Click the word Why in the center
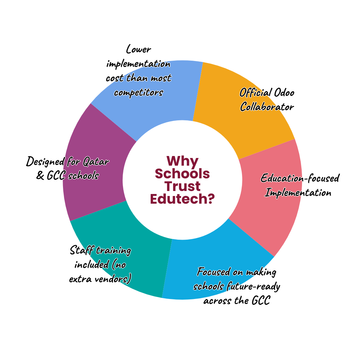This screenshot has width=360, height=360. (x=182, y=161)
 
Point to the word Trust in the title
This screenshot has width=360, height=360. (x=182, y=186)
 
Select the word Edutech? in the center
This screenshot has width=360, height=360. (x=182, y=199)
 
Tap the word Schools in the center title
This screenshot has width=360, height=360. (x=182, y=174)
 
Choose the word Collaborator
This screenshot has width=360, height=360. (x=267, y=107)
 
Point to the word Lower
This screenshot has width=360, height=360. (x=138, y=50)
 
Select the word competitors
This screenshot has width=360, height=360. (x=138, y=92)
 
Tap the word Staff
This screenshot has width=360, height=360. (x=81, y=250)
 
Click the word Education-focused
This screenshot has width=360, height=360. (x=300, y=178)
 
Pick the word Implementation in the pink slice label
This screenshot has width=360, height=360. (x=298, y=193)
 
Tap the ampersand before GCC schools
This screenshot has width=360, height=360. (x=40, y=176)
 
